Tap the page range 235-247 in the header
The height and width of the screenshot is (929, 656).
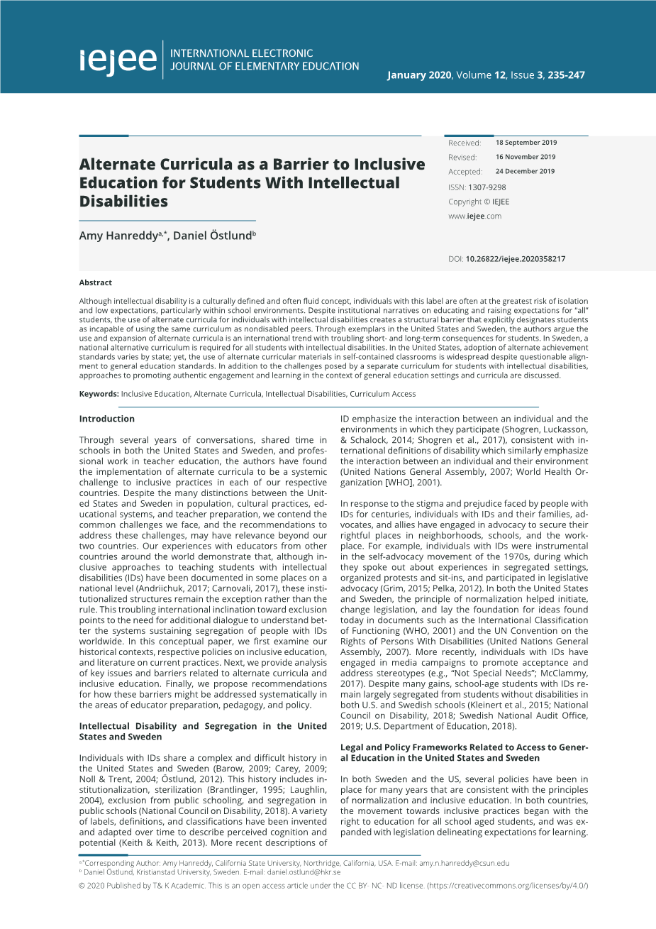(x=566, y=75)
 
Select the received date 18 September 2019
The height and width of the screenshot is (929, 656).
(x=526, y=143)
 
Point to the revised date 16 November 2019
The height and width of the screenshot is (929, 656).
(x=526, y=157)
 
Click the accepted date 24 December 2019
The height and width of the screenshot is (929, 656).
(x=525, y=171)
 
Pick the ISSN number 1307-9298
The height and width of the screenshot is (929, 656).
(x=487, y=187)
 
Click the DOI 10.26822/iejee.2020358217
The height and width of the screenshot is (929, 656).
(x=515, y=259)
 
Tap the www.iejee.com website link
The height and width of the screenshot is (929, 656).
(x=474, y=216)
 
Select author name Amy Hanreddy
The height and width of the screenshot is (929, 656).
(x=118, y=236)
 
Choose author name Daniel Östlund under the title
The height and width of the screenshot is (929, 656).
(x=212, y=236)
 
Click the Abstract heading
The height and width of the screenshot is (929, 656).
(x=95, y=282)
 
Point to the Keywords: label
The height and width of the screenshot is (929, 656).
(x=99, y=394)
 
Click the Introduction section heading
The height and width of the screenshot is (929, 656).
(x=106, y=419)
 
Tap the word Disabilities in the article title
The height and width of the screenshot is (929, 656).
(x=123, y=202)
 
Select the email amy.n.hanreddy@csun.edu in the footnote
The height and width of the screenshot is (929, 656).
(x=465, y=863)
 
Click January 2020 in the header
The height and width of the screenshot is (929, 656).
(x=418, y=75)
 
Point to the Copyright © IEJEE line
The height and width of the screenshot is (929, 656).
(x=479, y=202)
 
